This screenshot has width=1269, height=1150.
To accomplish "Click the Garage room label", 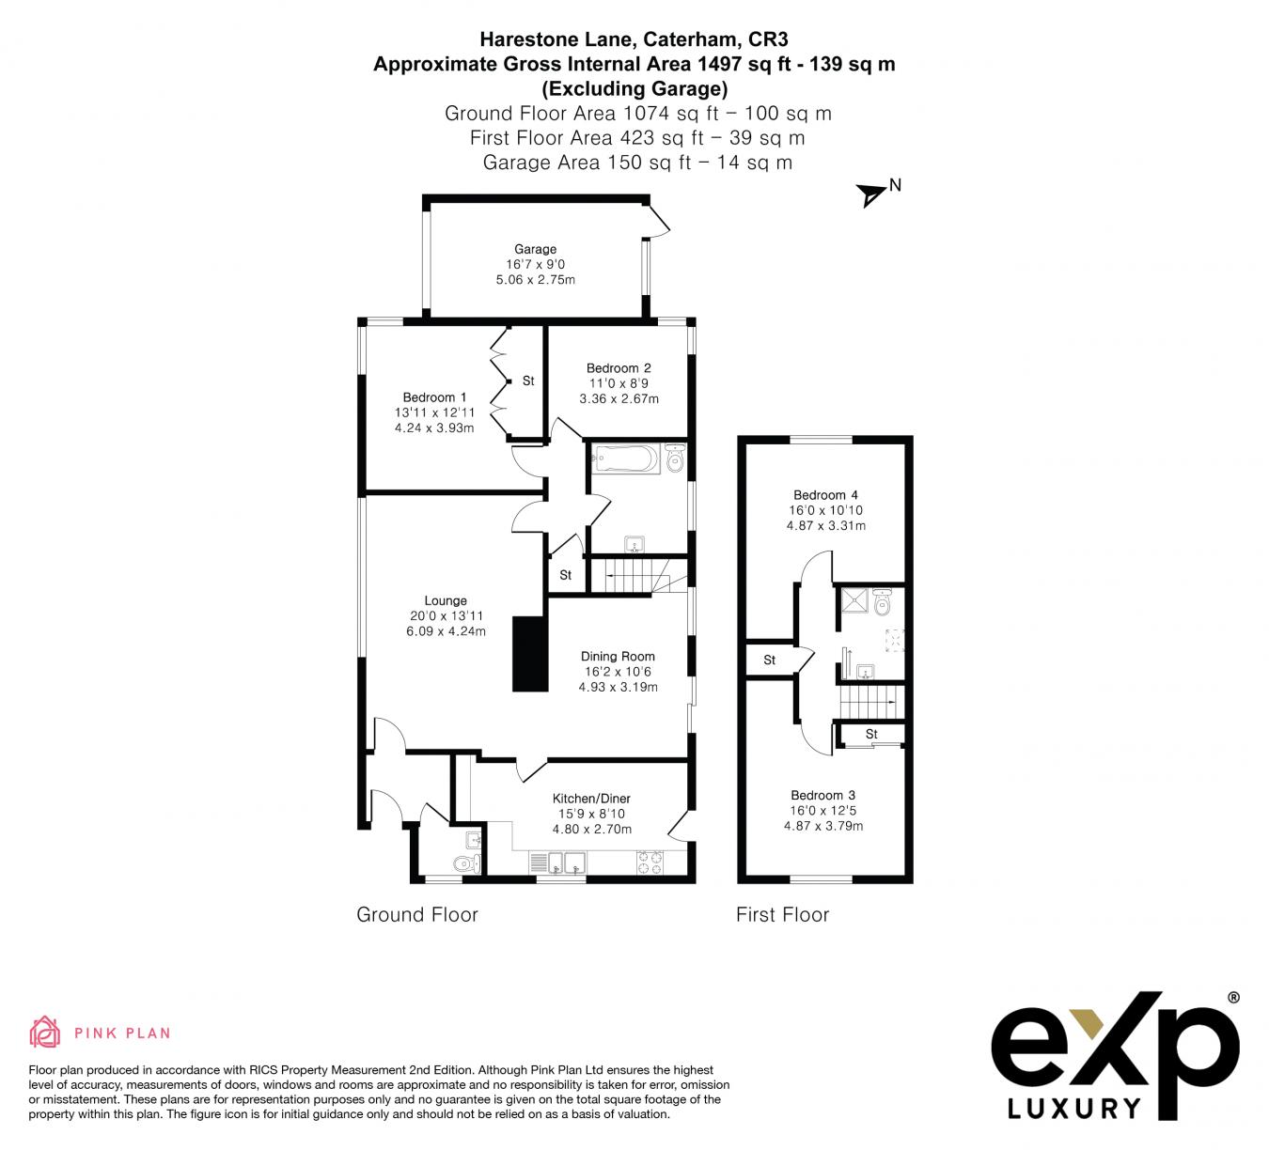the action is coord(535,249).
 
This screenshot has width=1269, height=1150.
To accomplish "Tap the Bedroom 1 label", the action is coord(434,397).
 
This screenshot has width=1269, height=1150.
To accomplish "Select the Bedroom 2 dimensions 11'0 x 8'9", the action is coord(619,383).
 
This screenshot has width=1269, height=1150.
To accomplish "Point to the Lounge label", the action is coord(446,600).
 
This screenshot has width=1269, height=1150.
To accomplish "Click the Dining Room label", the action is coord(618,656).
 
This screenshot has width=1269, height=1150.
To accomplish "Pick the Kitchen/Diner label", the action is coord(591,799).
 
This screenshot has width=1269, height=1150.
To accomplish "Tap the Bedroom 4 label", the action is coord(825,494).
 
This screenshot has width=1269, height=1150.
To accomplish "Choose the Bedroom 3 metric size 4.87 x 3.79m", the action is coord(823,826).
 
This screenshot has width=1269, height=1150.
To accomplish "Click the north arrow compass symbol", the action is coord(871,194).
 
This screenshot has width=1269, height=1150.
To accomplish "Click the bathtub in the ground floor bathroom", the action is coord(626,458).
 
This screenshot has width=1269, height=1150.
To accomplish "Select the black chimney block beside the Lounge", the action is coord(529,653).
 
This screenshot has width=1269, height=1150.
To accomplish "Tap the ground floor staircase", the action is coord(637,575).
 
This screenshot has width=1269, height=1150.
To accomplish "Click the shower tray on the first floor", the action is coord(854,600).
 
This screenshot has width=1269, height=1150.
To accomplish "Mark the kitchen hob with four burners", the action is coord(650,862).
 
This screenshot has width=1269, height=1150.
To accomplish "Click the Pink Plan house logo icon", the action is coord(45,1032).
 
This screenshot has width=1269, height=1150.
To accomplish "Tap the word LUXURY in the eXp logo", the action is coord(1073,1109).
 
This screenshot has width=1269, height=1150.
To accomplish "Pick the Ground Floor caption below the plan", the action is coord(416,915).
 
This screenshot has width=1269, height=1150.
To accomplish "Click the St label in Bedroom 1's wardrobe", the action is coord(528,381).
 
